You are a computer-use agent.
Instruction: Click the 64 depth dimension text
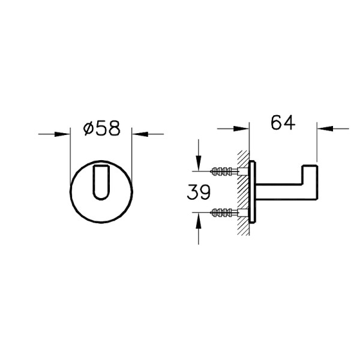tap(283, 123)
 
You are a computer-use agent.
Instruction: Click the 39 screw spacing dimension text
tap(199, 193)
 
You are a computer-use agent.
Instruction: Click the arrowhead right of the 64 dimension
tap(324, 128)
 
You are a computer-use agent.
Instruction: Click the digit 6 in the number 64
tap(277, 123)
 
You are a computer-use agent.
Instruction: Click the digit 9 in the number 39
tap(205, 193)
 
